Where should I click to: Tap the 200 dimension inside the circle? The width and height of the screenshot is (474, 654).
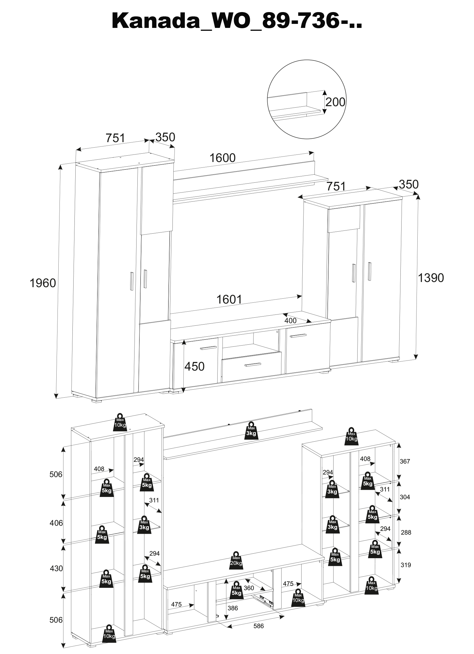tap(335, 102)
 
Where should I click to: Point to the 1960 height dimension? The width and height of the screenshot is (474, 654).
tap(43, 283)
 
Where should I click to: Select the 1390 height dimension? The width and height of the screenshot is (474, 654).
tap(431, 278)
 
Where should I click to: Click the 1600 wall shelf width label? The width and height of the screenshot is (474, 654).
tap(222, 158)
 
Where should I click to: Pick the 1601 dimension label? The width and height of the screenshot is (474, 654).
tap(229, 300)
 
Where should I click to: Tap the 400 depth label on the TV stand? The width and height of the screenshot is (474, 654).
tap(290, 320)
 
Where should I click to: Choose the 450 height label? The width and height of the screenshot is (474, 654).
tap(195, 367)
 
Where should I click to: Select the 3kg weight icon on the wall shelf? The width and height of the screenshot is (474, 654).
tap(251, 439)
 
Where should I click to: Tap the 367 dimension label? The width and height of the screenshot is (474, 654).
tap(404, 462)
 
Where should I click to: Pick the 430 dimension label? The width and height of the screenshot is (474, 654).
tap(56, 568)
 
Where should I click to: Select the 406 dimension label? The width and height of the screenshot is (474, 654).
tap(56, 523)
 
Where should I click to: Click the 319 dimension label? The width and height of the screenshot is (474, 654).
tap(405, 565)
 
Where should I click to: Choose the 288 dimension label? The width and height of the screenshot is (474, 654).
tap(406, 532)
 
